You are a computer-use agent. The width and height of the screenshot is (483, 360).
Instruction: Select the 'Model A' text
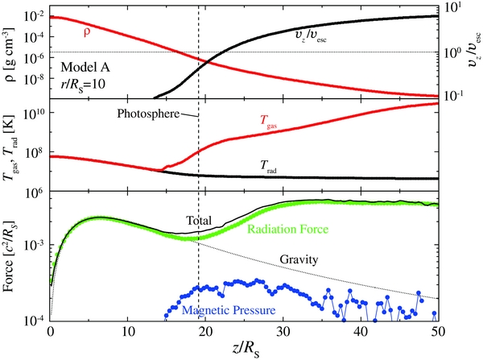(85, 66)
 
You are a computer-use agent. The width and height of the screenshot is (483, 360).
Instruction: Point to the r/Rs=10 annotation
(85, 84)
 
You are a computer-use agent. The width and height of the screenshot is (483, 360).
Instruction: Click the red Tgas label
(270, 122)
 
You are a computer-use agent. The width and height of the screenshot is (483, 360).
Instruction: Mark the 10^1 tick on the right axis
(453, 9)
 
